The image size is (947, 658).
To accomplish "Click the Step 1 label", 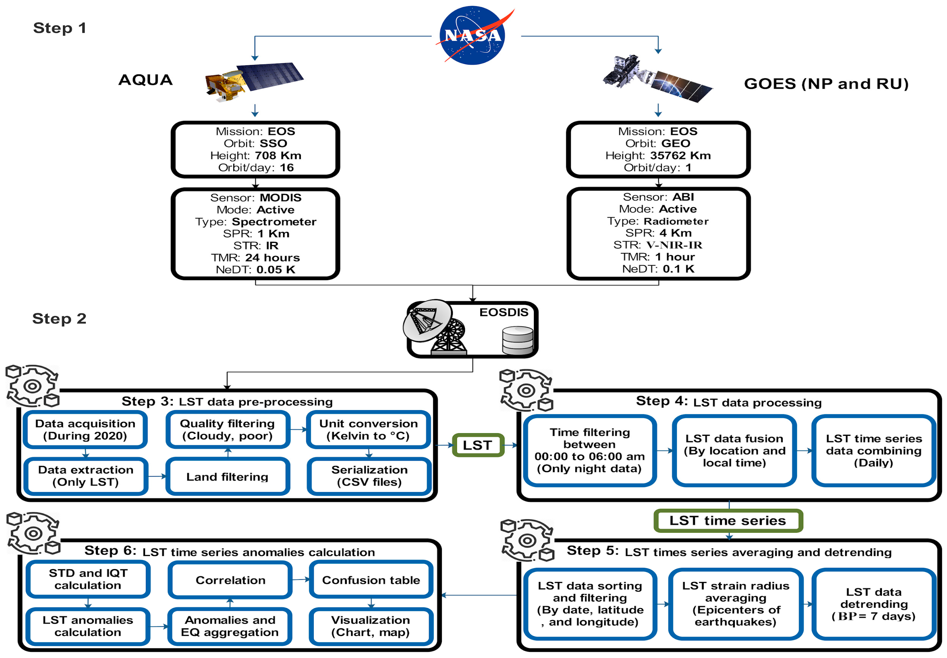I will [59, 28].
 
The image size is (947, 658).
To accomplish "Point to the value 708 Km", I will [278, 155].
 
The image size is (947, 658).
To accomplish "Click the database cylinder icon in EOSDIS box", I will [518, 340].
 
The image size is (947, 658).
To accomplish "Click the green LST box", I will [478, 445].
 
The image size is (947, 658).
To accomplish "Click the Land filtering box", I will [227, 477].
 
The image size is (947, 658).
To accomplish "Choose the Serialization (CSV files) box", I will [369, 476].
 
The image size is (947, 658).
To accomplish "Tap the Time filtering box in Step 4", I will [590, 450].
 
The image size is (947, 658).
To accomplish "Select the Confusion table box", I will [371, 580].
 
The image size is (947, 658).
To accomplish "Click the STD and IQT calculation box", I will [88, 579].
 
